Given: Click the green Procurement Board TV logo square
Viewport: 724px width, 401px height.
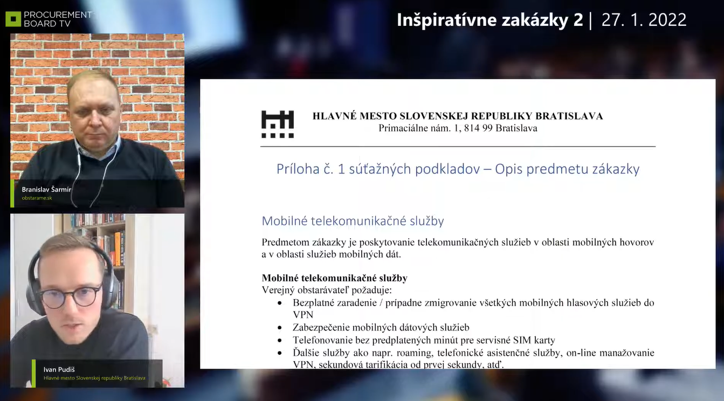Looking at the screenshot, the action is tap(13, 19).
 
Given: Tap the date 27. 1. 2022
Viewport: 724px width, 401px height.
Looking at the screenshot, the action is tap(644, 20).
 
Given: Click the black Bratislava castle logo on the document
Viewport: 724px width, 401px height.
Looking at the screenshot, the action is tap(278, 125).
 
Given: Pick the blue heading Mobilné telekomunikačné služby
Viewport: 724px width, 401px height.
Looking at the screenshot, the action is tap(353, 221).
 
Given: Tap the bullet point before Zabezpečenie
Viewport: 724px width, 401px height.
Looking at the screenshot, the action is tap(280, 328).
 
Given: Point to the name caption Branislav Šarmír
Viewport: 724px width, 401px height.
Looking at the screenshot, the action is tap(46, 190).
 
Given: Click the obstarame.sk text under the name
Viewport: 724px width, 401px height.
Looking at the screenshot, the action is tap(37, 198).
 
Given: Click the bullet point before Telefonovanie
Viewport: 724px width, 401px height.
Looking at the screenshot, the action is tap(280, 341).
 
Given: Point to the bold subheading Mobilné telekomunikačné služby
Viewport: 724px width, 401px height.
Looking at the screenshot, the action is tap(335, 278).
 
